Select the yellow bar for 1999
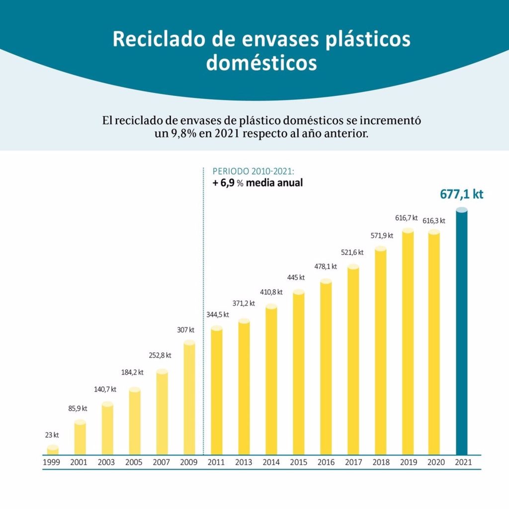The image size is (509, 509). tap(53, 450)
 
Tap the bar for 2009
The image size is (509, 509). tap(189, 398)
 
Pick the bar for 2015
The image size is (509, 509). tap(298, 373)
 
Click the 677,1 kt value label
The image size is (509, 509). tap(461, 194)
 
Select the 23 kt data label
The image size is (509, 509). tap(52, 435)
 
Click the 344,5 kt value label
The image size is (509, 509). tap(217, 314)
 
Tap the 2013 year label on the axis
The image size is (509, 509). tap(244, 462)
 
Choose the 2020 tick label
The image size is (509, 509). tap(434, 462)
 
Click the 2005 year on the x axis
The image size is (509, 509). tap(134, 462)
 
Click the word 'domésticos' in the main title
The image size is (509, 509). tap(261, 63)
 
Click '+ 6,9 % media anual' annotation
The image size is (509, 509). tap(257, 183)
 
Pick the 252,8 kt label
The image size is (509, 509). tap(160, 355)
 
